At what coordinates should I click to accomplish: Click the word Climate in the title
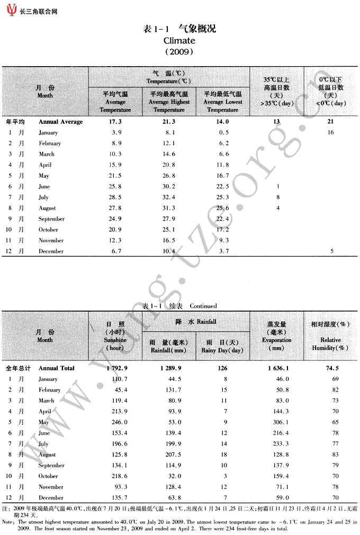point(179,40)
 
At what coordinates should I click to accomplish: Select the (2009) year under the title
point(179,52)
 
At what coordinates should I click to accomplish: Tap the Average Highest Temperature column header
point(169,102)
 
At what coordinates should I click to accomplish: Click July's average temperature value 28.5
point(115,197)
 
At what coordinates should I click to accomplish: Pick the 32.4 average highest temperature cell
point(168,197)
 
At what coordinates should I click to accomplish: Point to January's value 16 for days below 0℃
point(330,132)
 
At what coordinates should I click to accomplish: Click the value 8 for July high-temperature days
point(277,197)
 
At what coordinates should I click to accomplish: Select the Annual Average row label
point(61,122)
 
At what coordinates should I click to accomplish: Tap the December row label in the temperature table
point(51,251)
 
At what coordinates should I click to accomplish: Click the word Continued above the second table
point(203,306)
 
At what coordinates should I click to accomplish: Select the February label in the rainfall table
point(50,390)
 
